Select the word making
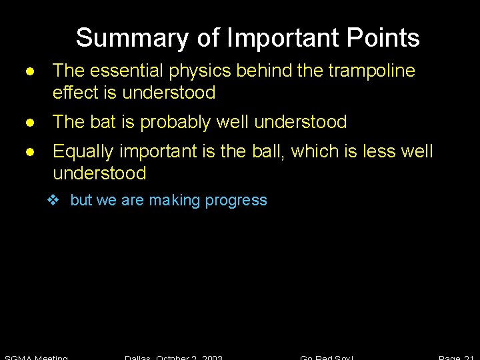(175, 201)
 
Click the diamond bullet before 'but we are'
(57, 200)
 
